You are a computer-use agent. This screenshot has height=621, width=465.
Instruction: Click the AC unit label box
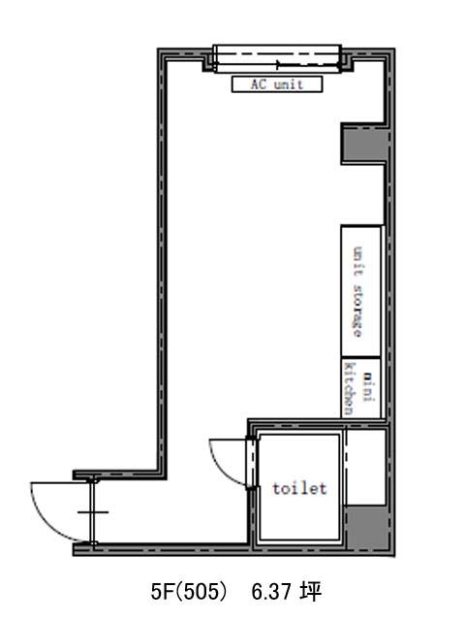click(277, 84)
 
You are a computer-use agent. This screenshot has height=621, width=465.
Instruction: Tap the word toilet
click(299, 488)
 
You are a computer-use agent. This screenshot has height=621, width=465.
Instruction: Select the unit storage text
click(357, 292)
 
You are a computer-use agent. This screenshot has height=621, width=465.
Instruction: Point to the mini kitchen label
click(358, 389)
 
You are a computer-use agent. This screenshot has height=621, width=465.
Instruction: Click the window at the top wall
click(277, 59)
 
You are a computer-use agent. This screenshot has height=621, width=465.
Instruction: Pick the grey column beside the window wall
click(364, 145)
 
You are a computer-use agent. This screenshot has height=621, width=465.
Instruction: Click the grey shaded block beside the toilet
click(366, 528)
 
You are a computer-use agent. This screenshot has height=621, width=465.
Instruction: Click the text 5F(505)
click(190, 592)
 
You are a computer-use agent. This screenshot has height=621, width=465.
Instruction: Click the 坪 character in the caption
click(311, 592)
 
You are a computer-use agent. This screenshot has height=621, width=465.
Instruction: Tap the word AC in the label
click(259, 84)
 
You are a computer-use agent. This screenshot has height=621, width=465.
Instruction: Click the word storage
click(357, 310)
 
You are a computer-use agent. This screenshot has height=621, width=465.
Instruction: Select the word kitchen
click(350, 389)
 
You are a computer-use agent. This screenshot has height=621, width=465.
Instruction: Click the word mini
click(368, 387)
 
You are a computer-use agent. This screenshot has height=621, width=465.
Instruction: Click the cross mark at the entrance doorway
click(93, 512)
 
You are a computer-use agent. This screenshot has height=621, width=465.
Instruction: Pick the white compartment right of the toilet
click(366, 468)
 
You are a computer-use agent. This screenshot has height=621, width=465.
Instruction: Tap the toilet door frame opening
click(251, 463)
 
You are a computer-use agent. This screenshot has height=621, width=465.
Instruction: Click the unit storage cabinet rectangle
click(361, 291)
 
